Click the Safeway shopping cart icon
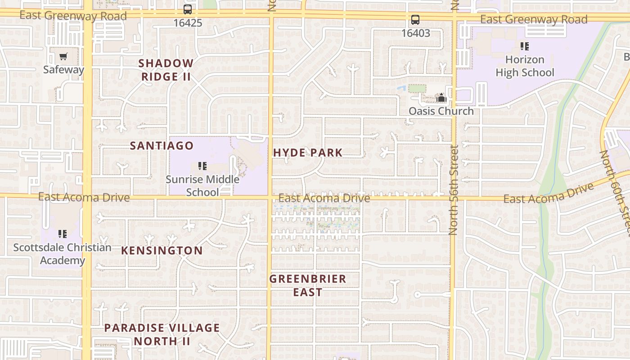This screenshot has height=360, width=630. pos(63,57)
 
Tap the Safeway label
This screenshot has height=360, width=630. pos(63,70)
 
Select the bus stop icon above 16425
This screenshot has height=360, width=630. pos(188,9)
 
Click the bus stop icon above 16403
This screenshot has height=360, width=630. pos(415,20)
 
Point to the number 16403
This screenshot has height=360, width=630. pos(415,33)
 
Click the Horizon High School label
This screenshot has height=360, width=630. pos(525,66)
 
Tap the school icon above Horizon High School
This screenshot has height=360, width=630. pos(524,46)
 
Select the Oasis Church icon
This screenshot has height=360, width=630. pos(441,98)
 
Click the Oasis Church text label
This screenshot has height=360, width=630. pos(441,111)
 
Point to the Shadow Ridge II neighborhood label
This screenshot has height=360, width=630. pos(166,70)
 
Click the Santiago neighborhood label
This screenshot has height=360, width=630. pos(162,146)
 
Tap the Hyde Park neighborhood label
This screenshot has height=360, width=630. pos(308,153)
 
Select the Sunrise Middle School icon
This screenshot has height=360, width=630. pos(202,166)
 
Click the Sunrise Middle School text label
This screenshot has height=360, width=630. pos(202,186)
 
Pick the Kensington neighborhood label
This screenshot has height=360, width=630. pos(162,251)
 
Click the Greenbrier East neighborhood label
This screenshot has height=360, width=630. pos(308,285)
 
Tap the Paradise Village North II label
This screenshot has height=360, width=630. pos(162,334)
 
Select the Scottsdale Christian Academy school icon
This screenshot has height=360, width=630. pos(63,234)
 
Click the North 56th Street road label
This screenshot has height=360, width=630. pos(453,189)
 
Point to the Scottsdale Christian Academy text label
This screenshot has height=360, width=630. pos(63,254)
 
